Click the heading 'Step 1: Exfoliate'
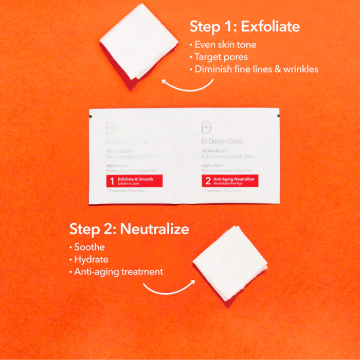[x=245, y=26]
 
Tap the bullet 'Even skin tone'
[x=225, y=45]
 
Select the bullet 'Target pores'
[x=221, y=57]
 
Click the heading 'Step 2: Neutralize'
[x=129, y=229]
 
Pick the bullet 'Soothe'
[x=89, y=247]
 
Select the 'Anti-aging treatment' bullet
[x=118, y=272]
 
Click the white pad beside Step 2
[x=230, y=262]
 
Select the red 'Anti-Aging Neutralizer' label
[x=229, y=181]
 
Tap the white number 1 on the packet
[x=111, y=181]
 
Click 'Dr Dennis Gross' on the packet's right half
[x=223, y=141]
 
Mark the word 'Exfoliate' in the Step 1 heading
[x=271, y=26]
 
